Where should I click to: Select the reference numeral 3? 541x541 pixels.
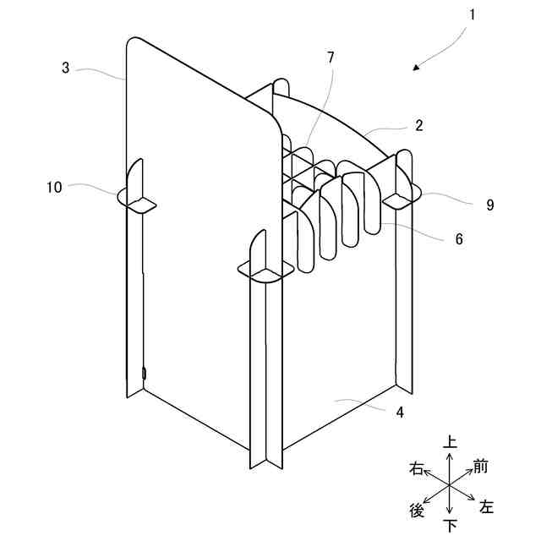click(66, 68)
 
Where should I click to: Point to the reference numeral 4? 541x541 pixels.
click(400, 413)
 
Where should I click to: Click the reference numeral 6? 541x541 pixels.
click(459, 239)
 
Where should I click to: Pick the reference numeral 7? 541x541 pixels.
click(331, 57)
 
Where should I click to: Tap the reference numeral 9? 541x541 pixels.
click(489, 205)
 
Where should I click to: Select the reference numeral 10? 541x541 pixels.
click(54, 188)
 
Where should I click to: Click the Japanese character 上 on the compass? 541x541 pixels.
click(451, 442)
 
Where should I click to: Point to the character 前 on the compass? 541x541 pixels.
click(481, 466)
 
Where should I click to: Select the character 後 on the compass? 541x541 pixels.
click(417, 510)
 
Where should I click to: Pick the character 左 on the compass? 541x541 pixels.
click(487, 507)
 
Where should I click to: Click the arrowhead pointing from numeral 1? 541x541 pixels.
click(418, 68)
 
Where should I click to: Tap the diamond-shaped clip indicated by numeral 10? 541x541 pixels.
click(135, 200)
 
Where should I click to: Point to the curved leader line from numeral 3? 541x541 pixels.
click(100, 72)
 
